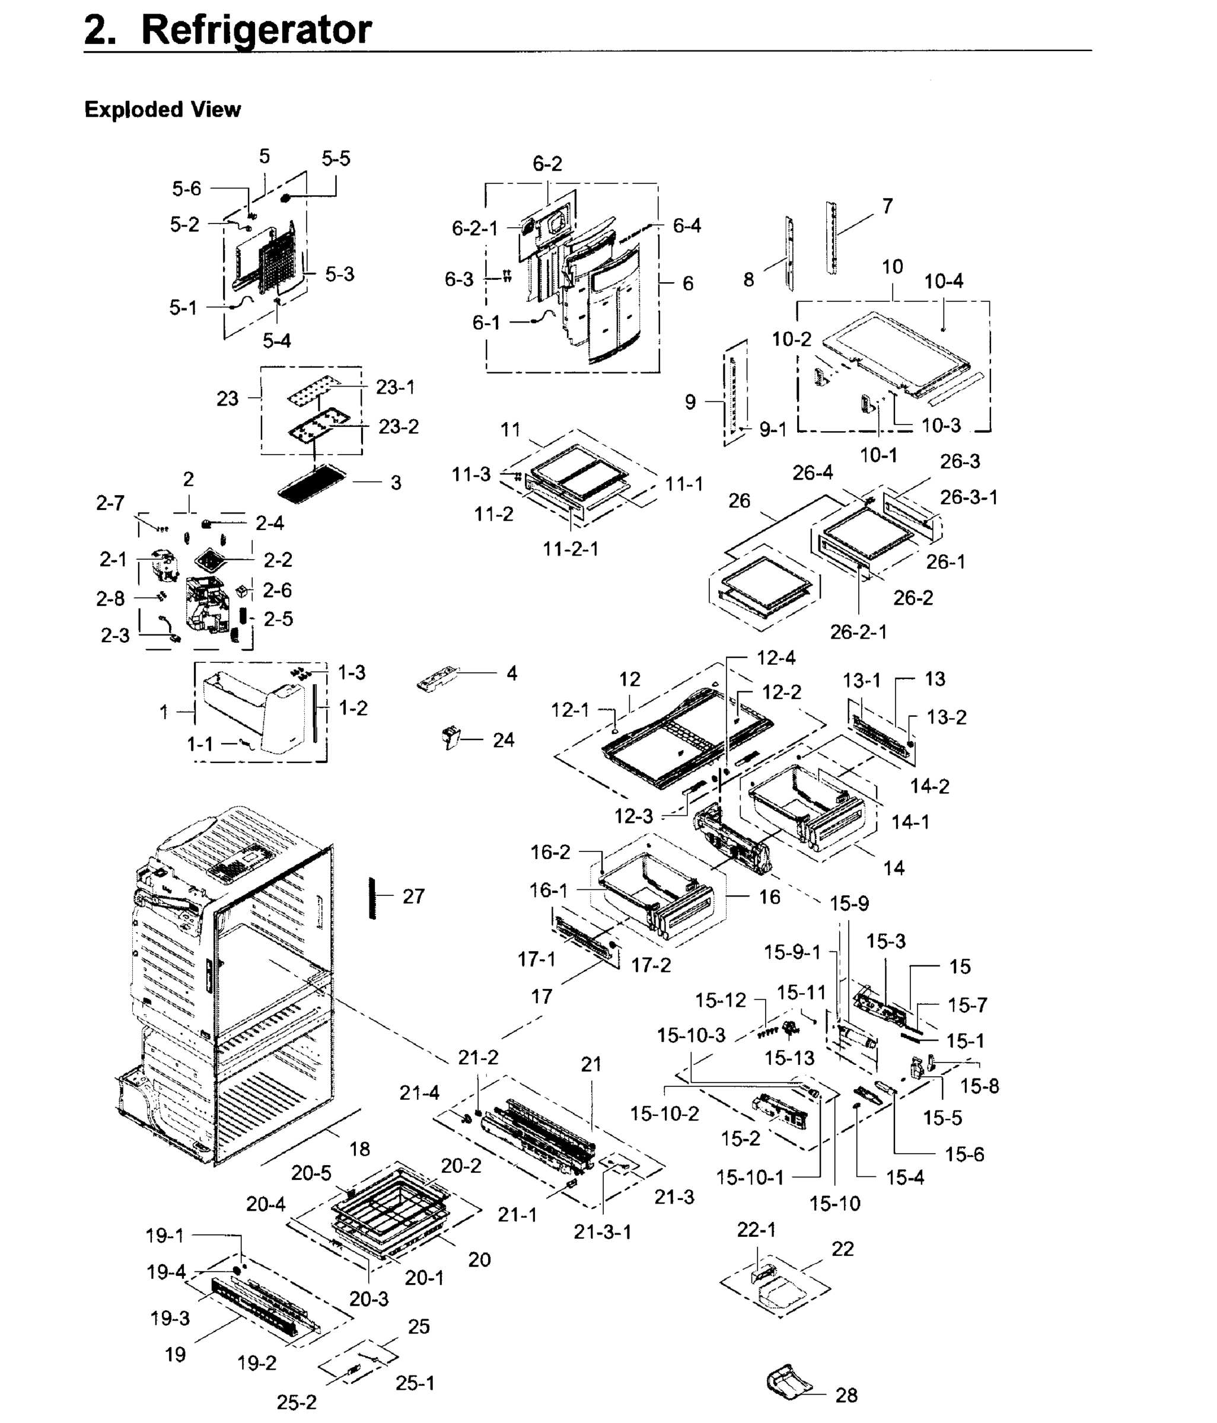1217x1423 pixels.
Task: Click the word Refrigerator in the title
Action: [256, 30]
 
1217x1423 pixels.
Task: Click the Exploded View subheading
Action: [162, 110]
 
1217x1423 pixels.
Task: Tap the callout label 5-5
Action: [336, 159]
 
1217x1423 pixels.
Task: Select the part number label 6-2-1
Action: [474, 229]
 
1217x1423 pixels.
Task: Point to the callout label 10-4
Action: [943, 281]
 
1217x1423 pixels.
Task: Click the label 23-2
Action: [399, 426]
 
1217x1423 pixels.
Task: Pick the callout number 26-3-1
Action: [968, 497]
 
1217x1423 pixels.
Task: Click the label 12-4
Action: [776, 658]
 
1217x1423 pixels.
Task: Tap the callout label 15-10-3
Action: [691, 1035]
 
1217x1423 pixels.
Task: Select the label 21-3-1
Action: [603, 1231]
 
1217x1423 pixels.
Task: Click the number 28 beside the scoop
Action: [846, 1395]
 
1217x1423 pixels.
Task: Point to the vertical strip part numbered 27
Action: [373, 898]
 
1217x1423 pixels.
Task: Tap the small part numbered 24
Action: [451, 738]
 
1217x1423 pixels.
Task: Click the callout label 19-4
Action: [166, 1272]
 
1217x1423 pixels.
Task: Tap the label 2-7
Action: [110, 503]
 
